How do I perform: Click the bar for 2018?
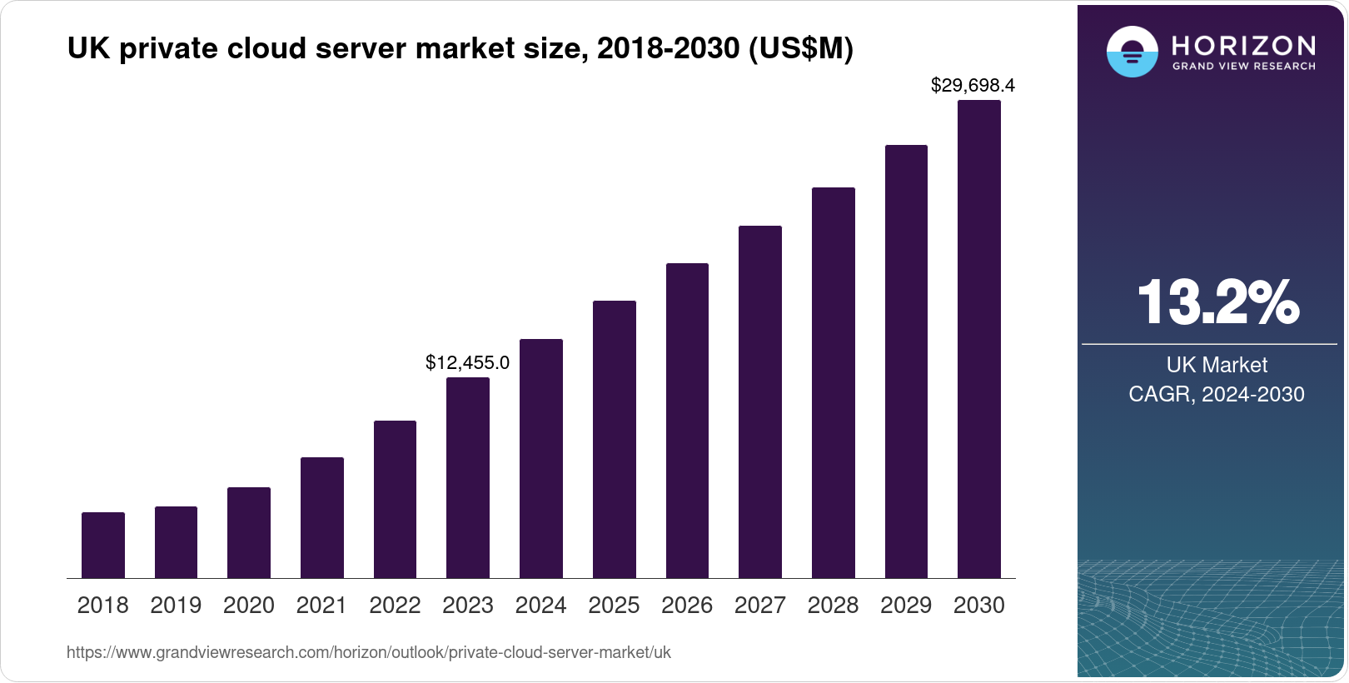[x=103, y=546]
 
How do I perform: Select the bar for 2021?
[x=322, y=518]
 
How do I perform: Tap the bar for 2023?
[x=468, y=478]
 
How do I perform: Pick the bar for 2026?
[x=687, y=421]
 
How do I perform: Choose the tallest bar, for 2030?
[x=979, y=340]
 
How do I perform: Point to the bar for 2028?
[x=834, y=383]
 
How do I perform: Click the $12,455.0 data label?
[x=467, y=363]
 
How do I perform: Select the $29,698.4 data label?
[x=973, y=85]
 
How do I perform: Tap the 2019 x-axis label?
[x=176, y=606]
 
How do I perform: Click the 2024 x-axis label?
[x=541, y=606]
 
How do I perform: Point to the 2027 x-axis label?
[x=760, y=606]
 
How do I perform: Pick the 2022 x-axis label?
[x=395, y=606]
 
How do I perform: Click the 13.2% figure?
[x=1217, y=302]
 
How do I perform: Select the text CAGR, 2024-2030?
[x=1217, y=394]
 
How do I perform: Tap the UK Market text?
[x=1217, y=365]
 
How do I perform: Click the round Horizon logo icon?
[x=1132, y=52]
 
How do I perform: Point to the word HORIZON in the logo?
[x=1244, y=45]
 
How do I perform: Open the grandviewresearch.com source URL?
[x=369, y=652]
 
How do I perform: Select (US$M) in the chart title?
[x=801, y=48]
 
